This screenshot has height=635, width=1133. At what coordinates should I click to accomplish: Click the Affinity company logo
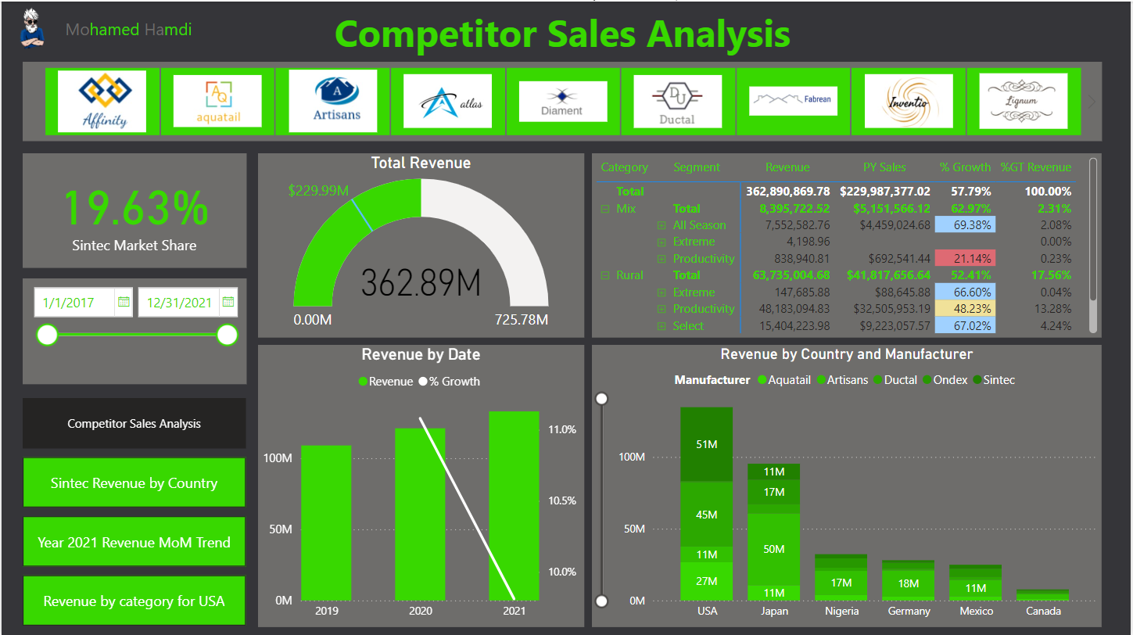tap(102, 101)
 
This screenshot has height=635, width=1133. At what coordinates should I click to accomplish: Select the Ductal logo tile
tap(677, 101)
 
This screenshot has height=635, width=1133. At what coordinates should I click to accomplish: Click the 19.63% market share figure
tap(134, 209)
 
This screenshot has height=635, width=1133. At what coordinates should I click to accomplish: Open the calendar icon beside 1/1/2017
tap(124, 302)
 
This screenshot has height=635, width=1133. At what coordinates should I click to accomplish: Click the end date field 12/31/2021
tap(179, 303)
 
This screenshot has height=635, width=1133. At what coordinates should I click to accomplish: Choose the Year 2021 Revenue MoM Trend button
tap(134, 542)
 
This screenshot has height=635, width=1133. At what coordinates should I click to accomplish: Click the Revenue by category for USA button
tap(134, 601)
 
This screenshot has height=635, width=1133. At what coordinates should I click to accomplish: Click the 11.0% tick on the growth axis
tap(562, 429)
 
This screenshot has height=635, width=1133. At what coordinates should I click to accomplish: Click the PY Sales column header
tap(884, 167)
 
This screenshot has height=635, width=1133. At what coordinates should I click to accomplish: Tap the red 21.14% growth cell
tap(963, 258)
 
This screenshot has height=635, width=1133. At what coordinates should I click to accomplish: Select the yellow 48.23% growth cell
tap(963, 309)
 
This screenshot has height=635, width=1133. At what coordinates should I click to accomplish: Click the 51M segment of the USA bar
tap(706, 444)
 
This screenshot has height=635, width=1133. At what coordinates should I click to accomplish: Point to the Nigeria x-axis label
tap(841, 611)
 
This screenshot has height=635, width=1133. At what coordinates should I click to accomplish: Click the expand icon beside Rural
tap(604, 275)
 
